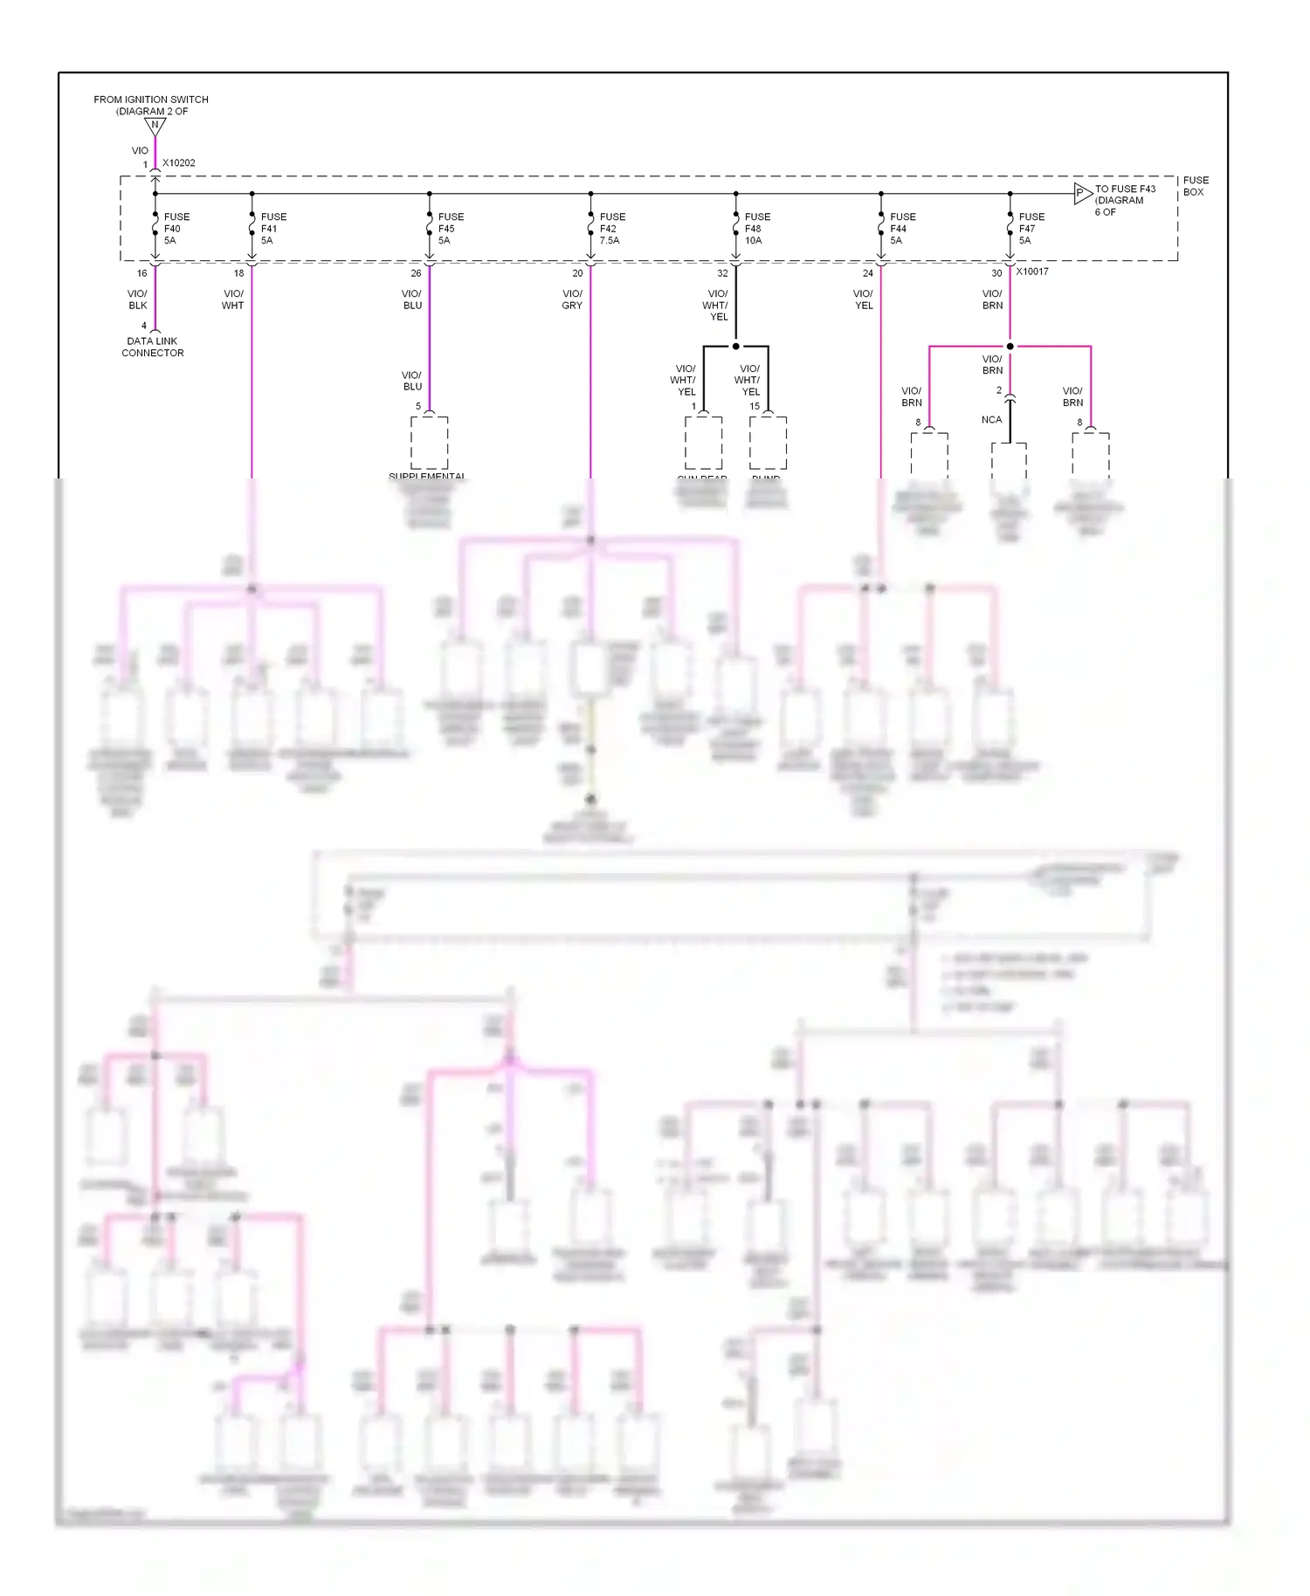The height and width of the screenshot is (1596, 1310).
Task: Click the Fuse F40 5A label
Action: [176, 229]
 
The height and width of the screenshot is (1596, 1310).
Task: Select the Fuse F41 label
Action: [272, 229]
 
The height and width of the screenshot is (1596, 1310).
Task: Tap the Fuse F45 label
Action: [450, 229]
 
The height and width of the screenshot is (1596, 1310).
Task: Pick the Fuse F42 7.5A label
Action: [611, 229]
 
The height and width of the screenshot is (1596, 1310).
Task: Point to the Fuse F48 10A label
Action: [756, 229]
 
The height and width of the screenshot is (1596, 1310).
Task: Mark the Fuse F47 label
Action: [1031, 229]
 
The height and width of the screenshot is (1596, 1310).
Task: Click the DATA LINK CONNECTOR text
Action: [153, 347]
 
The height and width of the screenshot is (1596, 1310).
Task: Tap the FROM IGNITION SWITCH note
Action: [151, 106]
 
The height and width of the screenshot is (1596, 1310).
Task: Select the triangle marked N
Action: [155, 126]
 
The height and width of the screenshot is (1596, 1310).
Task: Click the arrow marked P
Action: [1082, 193]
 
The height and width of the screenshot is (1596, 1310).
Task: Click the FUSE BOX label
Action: [1196, 186]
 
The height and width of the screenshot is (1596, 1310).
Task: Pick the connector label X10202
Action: [179, 163]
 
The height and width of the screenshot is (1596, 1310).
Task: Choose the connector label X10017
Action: [1032, 272]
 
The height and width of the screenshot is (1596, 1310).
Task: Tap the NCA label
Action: [991, 420]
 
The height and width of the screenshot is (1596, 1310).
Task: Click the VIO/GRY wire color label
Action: [572, 299]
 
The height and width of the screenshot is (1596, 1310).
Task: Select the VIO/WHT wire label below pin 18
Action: [233, 299]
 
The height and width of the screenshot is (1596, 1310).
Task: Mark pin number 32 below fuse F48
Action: [722, 273]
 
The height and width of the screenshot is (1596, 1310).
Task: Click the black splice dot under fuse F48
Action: [735, 347]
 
